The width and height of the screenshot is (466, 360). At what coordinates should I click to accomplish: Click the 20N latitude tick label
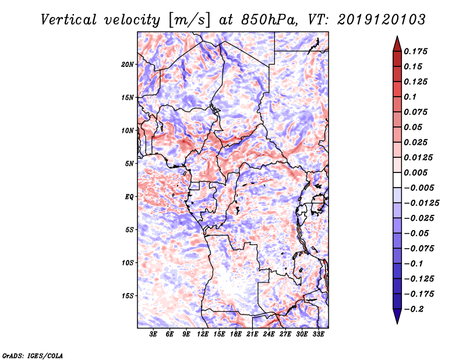pos(128,64)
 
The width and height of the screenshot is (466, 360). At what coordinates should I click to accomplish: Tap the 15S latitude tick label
pos(128,296)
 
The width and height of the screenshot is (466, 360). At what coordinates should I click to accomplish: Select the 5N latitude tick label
pos(129,164)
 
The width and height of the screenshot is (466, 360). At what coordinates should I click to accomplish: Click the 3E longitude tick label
pos(154,335)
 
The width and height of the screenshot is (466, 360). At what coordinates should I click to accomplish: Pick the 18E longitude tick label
pos(236,335)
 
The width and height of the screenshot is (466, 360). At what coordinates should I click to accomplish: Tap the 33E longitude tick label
pos(318,335)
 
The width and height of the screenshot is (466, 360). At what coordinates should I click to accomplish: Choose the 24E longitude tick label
pos(269,335)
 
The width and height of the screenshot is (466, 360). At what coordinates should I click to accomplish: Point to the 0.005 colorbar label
pos(416,173)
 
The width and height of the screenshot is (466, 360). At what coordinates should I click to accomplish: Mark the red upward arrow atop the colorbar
pos(396,43)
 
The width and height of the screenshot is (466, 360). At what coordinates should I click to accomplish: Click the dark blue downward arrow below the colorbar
pos(396,317)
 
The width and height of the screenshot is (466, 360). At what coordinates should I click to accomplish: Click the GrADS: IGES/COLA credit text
pos(33,355)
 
